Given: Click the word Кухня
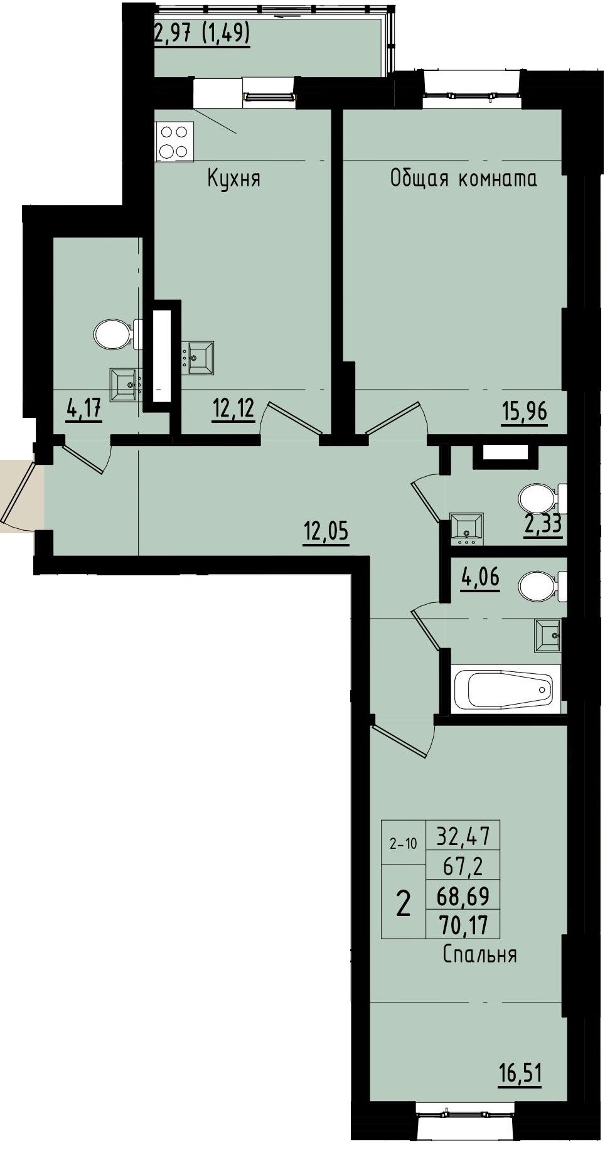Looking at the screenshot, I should click(233, 179).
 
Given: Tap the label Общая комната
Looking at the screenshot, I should click(463, 179).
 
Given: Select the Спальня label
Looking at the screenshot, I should click(479, 954).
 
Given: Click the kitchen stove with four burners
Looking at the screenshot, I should click(174, 142).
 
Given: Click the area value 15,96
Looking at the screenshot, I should click(524, 412).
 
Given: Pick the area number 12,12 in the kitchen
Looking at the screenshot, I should click(233, 409).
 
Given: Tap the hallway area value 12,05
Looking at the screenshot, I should click(326, 533).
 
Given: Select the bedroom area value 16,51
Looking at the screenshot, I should click(520, 1073).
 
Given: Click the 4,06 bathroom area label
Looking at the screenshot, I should click(480, 577).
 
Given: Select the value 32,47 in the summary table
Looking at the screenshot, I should click(463, 836).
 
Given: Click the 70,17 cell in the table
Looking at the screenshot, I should click(463, 925).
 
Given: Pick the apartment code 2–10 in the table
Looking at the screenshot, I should click(402, 844).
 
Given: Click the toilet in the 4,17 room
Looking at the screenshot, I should click(113, 333).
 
